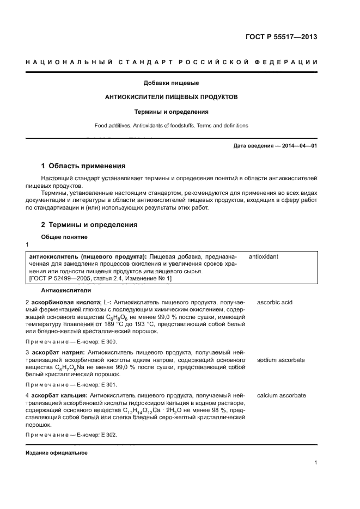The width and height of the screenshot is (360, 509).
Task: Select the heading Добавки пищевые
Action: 171,83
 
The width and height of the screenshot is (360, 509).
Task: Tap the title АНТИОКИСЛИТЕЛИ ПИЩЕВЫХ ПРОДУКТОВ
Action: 171,97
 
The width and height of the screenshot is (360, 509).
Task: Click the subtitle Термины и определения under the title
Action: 172,112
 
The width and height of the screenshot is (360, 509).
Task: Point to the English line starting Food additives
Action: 171,125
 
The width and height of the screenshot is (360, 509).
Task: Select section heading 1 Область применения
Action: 84,166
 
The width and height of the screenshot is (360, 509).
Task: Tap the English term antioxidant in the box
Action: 265,255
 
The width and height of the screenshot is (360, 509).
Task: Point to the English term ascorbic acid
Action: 275,302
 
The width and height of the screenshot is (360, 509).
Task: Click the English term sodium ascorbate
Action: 280,360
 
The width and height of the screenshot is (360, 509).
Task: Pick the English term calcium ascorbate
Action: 282,396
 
